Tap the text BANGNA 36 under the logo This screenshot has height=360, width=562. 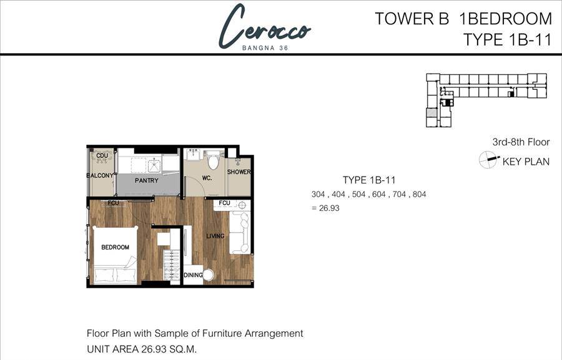point(265,48)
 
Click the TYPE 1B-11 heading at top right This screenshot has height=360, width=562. point(507,39)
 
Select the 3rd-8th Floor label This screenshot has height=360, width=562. point(521,142)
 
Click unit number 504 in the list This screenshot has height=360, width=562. point(358,195)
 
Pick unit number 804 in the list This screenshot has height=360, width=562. point(420,195)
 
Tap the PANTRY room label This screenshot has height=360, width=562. point(147,180)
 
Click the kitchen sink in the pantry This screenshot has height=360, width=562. point(154,166)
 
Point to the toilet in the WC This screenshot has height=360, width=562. point(214,161)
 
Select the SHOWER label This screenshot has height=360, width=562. point(239,172)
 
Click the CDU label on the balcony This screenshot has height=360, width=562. point(102,156)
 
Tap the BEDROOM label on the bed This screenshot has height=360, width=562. point(115,247)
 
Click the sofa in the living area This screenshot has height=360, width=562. point(239,233)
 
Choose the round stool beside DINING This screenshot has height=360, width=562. point(208,275)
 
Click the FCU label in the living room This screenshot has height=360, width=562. point(224,203)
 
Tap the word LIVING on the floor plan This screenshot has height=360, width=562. point(215,236)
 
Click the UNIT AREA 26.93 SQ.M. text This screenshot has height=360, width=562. point(142,349)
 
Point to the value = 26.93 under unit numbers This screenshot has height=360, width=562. point(325,208)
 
